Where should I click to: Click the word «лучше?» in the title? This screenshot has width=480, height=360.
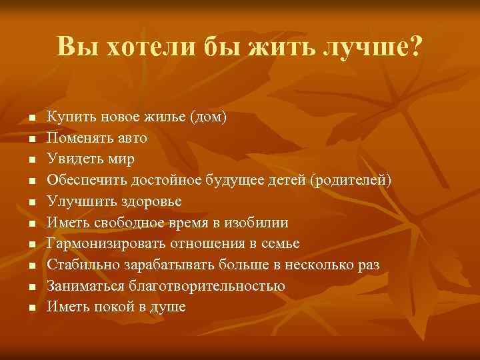pyautogui.click(x=371, y=46)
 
